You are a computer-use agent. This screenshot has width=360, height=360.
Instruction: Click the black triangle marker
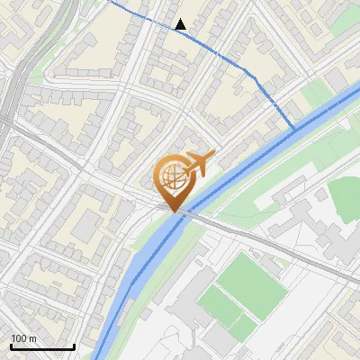point(181,24)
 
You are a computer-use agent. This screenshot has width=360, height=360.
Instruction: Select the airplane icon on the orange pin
point(201,162)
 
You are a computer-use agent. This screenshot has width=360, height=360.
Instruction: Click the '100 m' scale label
point(24,338)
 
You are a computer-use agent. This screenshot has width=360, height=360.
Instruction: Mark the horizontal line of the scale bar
point(42,346)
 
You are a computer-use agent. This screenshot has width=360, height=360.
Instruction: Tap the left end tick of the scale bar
point(11,345)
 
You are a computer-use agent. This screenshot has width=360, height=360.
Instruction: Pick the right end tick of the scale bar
point(74,345)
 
